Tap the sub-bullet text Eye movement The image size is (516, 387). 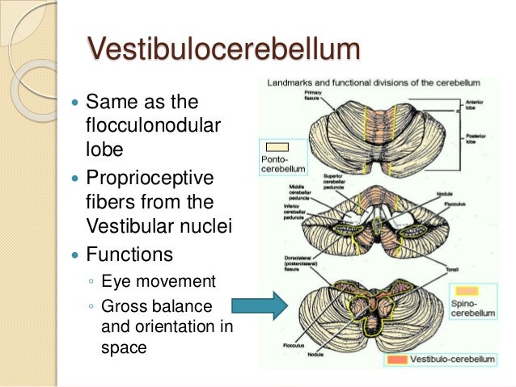151,282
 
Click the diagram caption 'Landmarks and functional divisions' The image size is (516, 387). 374,82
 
